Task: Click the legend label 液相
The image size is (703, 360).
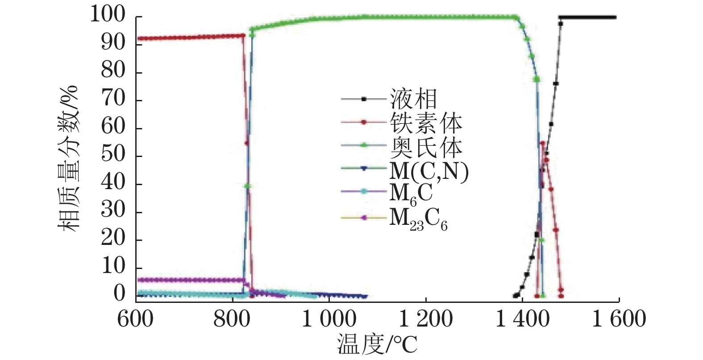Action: (413, 99)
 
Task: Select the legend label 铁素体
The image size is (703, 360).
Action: (425, 123)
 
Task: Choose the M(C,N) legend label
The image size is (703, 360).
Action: (429, 170)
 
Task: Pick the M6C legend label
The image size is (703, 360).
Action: (411, 194)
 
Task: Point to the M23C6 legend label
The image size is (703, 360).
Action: (418, 219)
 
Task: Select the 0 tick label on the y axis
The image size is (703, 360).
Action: (119, 294)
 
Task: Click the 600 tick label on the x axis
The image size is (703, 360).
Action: (135, 319)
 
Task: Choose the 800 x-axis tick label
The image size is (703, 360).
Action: (232, 319)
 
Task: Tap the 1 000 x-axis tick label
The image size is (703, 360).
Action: (329, 319)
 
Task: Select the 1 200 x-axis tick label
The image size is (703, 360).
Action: (425, 319)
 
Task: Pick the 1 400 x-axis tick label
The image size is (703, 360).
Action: (522, 319)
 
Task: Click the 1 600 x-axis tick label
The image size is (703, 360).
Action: (619, 319)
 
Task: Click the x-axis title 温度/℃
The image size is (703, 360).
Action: (377, 345)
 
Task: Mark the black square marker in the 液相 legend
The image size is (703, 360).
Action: (364, 99)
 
